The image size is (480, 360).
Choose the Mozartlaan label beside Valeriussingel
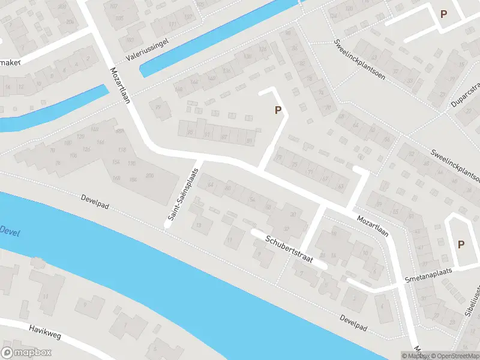tap(120, 85)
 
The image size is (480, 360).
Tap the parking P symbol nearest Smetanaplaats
tap(461, 244)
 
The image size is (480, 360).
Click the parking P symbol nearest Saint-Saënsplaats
tap(277, 110)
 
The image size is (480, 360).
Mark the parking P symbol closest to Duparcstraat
tap(443, 14)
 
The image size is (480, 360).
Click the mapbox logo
tap(25, 353)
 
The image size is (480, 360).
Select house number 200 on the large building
tap(149, 175)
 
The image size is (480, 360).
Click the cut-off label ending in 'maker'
tap(11, 62)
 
